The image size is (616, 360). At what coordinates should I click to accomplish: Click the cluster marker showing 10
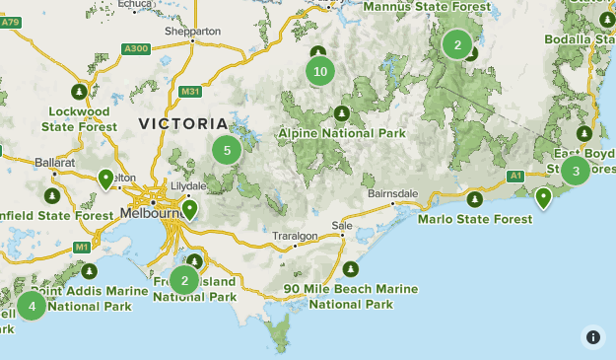[x=319, y=71]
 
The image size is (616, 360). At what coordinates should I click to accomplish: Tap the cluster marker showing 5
[x=227, y=151]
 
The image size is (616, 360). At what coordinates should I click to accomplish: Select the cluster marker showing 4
[x=32, y=306]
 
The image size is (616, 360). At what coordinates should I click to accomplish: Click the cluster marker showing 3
[x=576, y=171]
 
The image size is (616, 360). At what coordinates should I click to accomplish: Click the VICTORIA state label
[x=183, y=124]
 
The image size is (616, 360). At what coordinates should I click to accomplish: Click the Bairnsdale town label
[x=393, y=193]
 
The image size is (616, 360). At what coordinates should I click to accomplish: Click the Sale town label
[x=342, y=226]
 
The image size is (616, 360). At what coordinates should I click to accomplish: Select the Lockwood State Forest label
[x=82, y=119]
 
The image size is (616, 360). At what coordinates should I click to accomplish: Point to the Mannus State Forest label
[x=426, y=6]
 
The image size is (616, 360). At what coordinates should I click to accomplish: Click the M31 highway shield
[x=191, y=92]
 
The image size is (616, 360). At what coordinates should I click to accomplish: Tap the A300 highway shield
[x=135, y=47]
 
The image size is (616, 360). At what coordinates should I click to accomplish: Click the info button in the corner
[x=593, y=337]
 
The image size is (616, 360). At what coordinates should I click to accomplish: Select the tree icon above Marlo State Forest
[x=475, y=198]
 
